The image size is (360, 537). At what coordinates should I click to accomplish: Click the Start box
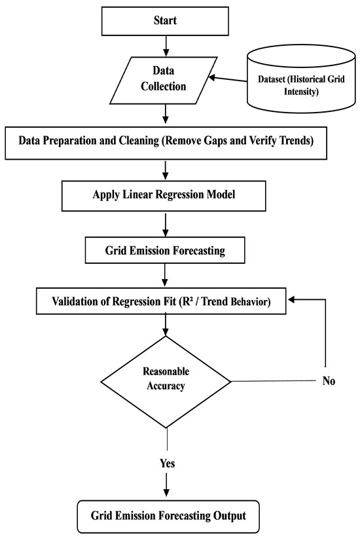(x=165, y=21)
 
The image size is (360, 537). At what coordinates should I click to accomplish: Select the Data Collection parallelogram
(x=163, y=81)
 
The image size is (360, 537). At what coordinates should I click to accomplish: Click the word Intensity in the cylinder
(x=301, y=92)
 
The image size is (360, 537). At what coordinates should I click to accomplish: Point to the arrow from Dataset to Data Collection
(x=228, y=79)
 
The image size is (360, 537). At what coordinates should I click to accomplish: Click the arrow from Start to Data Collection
(x=166, y=46)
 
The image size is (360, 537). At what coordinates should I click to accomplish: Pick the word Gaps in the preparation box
(x=216, y=141)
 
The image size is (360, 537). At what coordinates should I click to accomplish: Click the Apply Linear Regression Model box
(x=164, y=196)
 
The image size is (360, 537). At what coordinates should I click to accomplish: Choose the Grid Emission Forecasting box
(x=165, y=250)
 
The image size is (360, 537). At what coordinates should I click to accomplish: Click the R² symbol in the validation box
(x=185, y=301)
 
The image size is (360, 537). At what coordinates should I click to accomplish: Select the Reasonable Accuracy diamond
(x=166, y=382)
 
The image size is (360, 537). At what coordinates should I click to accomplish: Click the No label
(x=329, y=381)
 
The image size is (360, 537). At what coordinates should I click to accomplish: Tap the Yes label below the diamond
(x=168, y=464)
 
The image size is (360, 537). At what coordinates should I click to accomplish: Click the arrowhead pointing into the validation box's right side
(x=291, y=300)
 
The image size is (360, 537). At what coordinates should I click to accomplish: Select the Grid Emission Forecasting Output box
(x=168, y=517)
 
